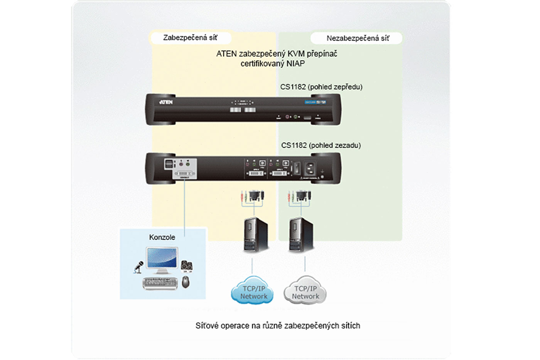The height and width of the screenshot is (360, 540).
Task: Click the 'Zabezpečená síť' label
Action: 190,38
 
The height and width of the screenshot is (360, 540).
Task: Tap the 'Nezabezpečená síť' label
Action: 358,38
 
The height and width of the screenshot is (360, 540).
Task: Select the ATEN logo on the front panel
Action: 166,102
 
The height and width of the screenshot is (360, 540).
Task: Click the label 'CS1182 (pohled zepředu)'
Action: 321,87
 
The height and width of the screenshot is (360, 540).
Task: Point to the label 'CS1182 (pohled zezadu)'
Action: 321,145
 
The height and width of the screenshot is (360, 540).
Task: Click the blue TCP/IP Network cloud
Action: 253,291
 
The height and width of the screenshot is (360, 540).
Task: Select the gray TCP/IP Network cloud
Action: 305,291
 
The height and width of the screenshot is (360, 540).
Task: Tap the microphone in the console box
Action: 138,267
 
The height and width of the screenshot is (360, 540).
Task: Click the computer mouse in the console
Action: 186,282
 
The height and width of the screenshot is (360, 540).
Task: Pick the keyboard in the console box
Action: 160,283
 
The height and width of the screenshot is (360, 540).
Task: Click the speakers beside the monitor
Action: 187,266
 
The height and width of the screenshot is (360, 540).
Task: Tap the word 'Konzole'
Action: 162,237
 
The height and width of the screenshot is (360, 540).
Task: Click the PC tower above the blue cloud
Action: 255,235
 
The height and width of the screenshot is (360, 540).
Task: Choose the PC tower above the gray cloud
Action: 301,235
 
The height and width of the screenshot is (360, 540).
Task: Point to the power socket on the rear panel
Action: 310,168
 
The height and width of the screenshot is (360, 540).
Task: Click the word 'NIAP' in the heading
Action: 295,64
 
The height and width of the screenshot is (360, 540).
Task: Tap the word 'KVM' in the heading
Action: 296,54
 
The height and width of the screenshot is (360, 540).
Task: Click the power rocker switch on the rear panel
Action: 297,168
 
